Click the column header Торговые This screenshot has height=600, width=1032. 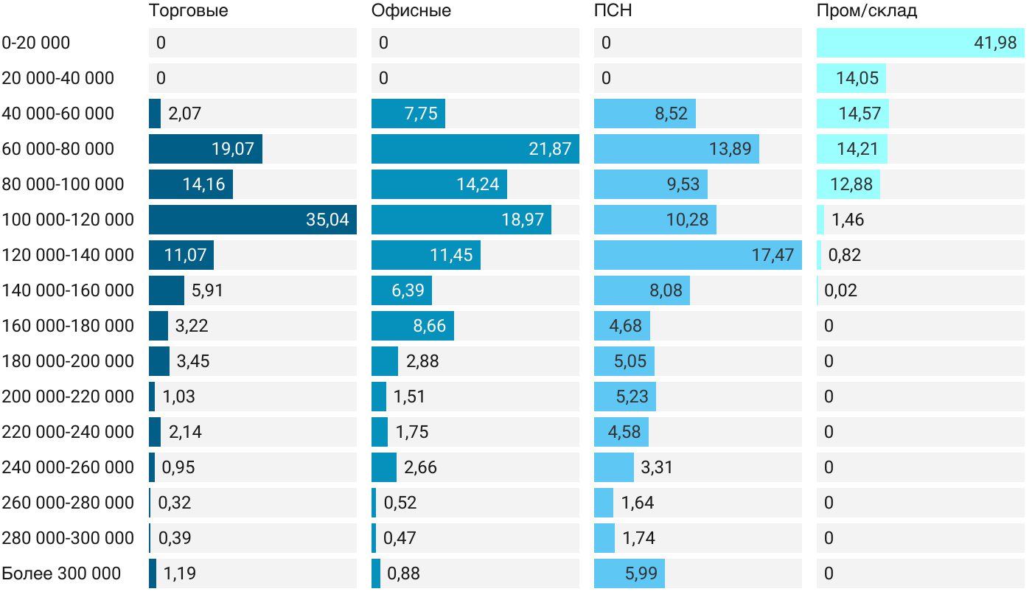coord(188,11)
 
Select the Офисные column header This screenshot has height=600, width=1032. coord(411,11)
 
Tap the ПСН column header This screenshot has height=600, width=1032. coord(613,11)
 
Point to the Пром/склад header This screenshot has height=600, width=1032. coord(866,11)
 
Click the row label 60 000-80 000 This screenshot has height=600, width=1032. coord(58,149)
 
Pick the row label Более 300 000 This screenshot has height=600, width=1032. coord(61,573)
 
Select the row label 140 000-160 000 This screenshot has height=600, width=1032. coord(68,290)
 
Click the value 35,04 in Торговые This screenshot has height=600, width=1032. coord(327,220)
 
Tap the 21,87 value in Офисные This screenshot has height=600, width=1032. coord(550,149)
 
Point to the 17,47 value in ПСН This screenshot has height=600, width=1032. coord(773,255)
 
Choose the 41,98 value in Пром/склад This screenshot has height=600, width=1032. coord(995,43)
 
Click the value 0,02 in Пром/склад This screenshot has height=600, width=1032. coord(840,290)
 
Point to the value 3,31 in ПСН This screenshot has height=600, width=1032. coord(657,467)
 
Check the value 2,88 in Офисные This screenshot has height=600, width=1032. coord(422,361)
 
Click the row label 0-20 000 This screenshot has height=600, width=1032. coord(36,43)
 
